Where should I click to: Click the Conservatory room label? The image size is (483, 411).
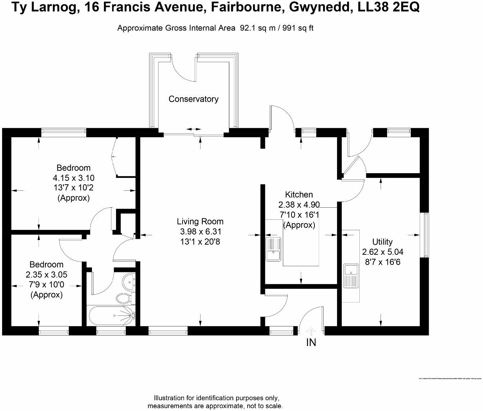(x=193, y=99)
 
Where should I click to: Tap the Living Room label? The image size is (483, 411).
(x=200, y=222)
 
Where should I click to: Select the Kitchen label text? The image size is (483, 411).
(x=299, y=195)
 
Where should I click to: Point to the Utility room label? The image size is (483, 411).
(x=382, y=242)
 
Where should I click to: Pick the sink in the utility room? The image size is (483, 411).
(x=351, y=276)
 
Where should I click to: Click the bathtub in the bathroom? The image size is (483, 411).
(x=111, y=316)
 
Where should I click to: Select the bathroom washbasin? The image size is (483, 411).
(x=128, y=281)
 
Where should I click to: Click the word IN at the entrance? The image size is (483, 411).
(x=311, y=343)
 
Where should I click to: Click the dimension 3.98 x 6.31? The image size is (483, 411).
(x=200, y=232)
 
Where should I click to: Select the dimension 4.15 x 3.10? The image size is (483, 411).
(x=73, y=178)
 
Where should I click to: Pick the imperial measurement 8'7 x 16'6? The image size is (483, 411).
(x=383, y=262)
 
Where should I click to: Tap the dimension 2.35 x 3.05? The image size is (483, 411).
(x=46, y=275)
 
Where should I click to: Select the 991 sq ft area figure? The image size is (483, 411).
(x=298, y=28)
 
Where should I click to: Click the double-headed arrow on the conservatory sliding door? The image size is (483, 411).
(x=194, y=129)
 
